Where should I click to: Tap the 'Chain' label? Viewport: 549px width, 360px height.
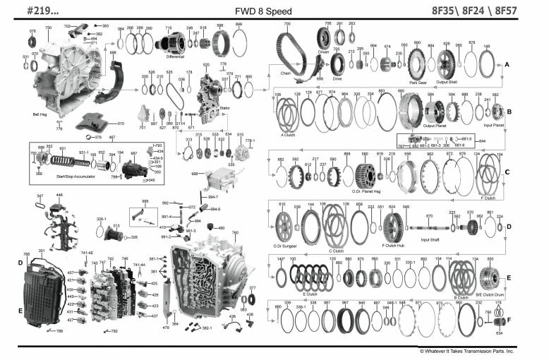point(284,72)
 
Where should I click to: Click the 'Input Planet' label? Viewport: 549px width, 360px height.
point(493,126)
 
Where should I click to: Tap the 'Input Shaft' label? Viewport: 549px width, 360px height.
point(430,239)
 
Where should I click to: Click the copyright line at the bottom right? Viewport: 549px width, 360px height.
point(466,350)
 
